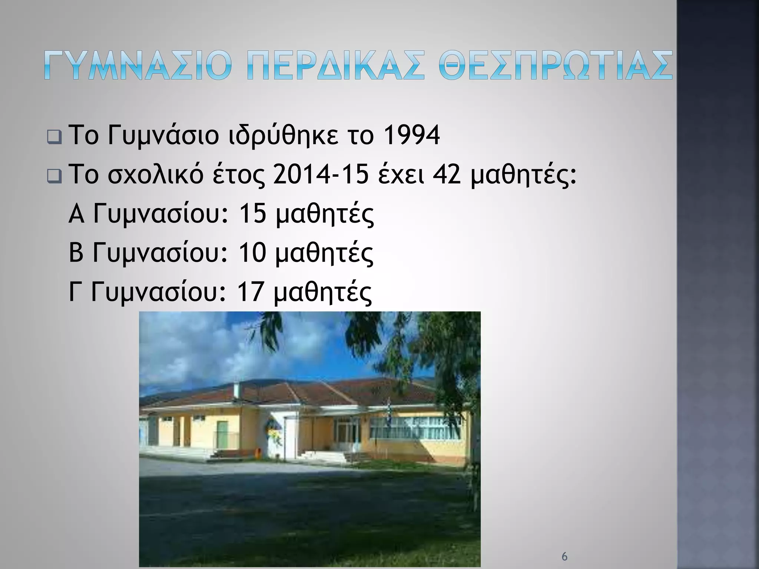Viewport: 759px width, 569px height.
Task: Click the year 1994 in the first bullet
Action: point(411,136)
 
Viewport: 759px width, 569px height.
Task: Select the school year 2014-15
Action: point(321,176)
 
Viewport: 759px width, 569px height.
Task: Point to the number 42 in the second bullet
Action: point(447,176)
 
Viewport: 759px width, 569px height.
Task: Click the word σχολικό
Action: point(155,176)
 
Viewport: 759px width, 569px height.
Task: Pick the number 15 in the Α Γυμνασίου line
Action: point(252,214)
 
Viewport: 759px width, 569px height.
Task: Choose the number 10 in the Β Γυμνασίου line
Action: point(252,253)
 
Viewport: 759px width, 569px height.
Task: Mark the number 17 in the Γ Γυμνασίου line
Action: point(250,293)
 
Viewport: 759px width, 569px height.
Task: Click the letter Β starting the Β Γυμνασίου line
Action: point(76,253)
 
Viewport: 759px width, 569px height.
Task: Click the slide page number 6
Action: point(564,556)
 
